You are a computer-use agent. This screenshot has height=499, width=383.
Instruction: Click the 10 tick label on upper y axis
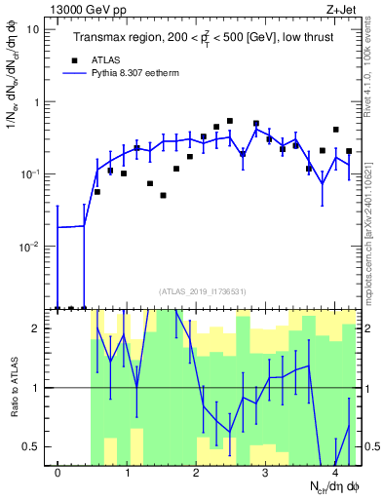pos(33,29)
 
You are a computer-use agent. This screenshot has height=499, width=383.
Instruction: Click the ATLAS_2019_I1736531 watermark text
pos(202,290)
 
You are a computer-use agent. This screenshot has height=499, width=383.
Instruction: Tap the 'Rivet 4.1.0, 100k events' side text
pos(374,68)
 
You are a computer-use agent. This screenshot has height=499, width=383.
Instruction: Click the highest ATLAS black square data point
pos(230,122)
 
